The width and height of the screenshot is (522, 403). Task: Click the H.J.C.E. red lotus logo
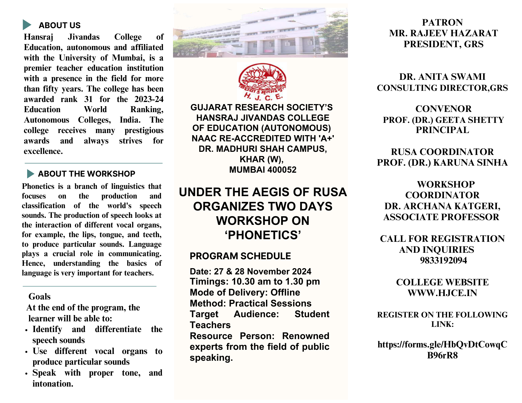262,81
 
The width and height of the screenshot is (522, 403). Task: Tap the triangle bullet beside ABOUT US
27,25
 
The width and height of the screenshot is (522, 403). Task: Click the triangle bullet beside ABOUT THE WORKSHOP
30,174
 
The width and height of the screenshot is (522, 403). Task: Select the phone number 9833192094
443,260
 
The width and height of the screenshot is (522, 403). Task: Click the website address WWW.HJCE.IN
442,293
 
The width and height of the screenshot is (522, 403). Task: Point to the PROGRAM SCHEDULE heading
240,256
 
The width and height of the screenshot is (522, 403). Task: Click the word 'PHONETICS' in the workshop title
263,235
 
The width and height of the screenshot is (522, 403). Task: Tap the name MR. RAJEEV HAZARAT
443,33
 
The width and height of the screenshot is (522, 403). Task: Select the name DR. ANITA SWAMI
442,77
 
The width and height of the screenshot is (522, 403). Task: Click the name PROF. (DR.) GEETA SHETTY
443,120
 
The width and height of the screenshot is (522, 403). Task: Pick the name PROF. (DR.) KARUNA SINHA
442,163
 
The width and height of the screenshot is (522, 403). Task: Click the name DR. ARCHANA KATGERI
442,206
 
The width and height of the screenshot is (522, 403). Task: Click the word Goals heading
39,297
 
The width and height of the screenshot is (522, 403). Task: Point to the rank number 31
88,99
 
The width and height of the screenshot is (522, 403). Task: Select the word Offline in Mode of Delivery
285,292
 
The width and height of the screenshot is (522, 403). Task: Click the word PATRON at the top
442,22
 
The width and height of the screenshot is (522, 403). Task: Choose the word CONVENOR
443,109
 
